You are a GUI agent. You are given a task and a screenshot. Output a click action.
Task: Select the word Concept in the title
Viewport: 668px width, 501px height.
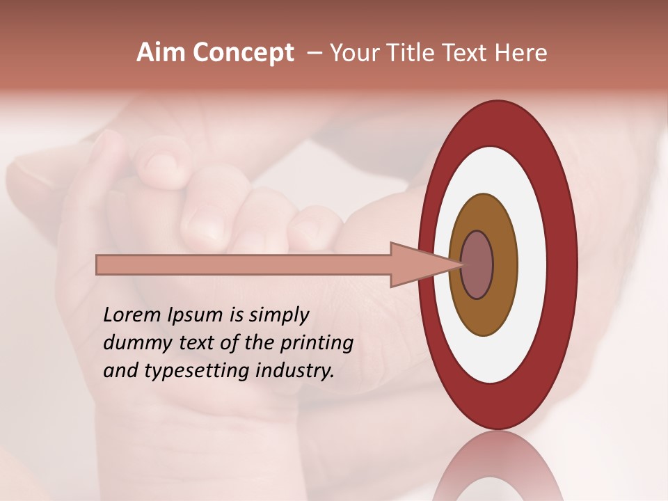tap(243, 53)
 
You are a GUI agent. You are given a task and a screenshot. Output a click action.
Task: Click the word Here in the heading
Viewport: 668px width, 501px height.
tap(520, 53)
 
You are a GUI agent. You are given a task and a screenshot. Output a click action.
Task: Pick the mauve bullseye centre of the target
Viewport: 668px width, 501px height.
tap(477, 265)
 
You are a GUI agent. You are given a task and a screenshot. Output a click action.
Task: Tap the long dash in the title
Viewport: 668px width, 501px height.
tap(314, 53)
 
